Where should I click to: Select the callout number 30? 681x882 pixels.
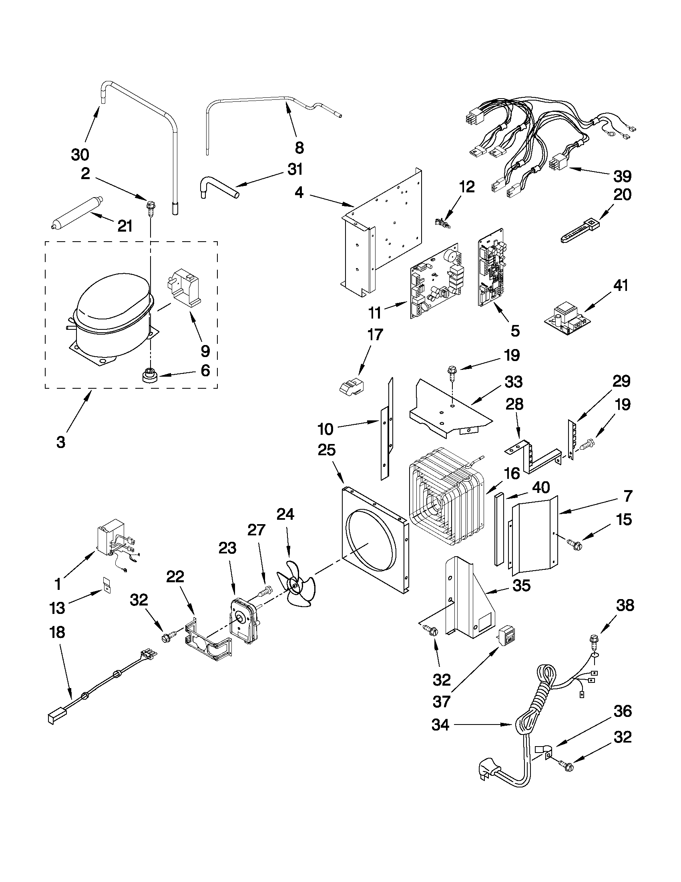coord(80,155)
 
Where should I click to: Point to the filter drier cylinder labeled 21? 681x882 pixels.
coord(77,212)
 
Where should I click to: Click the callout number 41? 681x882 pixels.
coord(621,286)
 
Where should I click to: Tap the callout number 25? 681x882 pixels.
coord(326,450)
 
